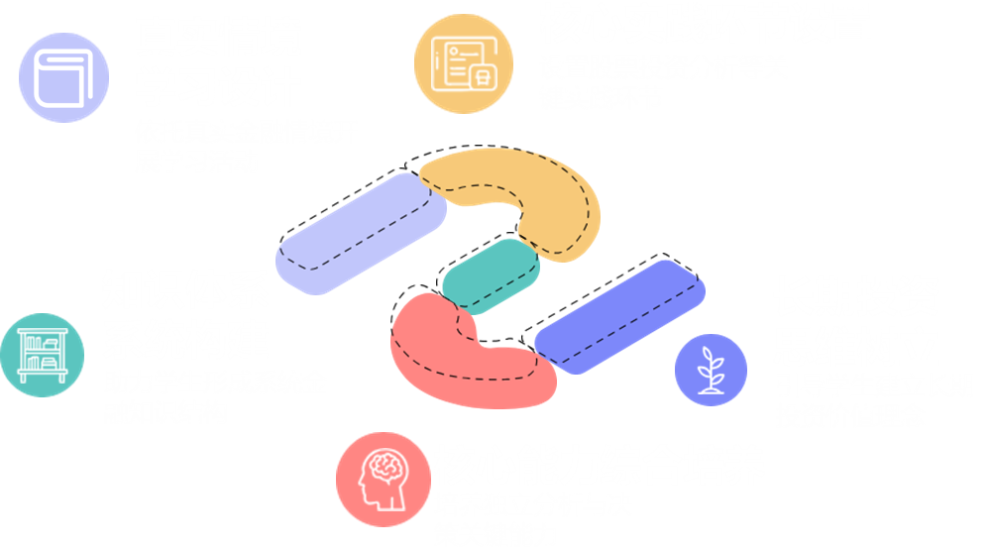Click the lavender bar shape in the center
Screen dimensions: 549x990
pos(357,234)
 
